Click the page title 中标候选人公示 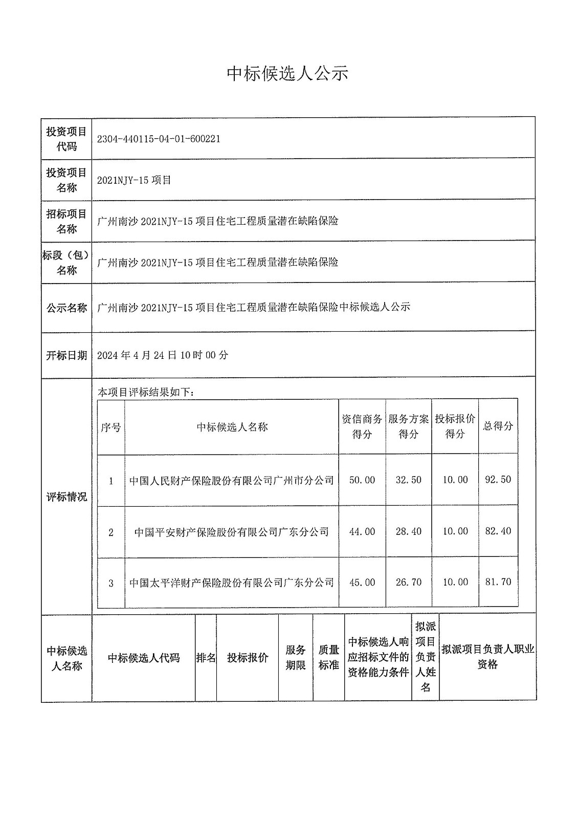[x=287, y=74]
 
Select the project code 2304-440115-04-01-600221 [x=159, y=139]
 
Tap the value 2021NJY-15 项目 [x=134, y=180]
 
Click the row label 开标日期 [x=66, y=355]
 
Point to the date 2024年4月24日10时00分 [x=163, y=355]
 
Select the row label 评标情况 [x=66, y=497]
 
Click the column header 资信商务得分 [x=362, y=426]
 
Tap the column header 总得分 [x=498, y=426]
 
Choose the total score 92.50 [x=498, y=480]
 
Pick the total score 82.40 [x=498, y=531]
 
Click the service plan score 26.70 [x=409, y=583]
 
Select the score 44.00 [x=362, y=532]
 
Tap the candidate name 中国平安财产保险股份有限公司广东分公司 [x=232, y=532]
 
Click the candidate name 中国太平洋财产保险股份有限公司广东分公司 [x=232, y=583]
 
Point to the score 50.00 [x=362, y=480]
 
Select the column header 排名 [x=206, y=658]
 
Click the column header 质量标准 [x=328, y=657]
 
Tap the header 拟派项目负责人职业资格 [x=487, y=657]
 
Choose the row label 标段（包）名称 [x=66, y=263]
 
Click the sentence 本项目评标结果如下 [x=145, y=393]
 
